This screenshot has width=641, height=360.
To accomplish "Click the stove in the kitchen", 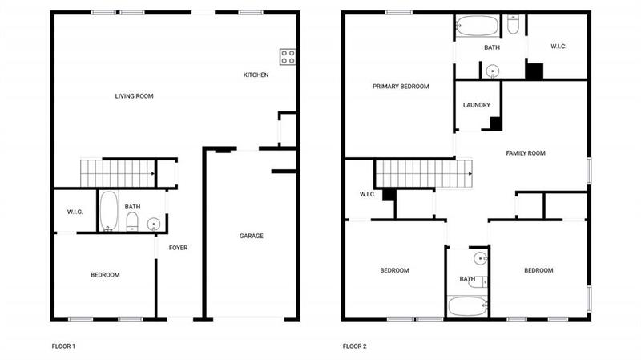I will pyautogui.click(x=288, y=57).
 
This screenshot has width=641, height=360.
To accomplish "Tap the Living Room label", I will pyautogui.click(x=134, y=96).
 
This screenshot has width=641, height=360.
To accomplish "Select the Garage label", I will pyautogui.click(x=252, y=236).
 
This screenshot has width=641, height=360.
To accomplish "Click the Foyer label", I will pyautogui.click(x=178, y=248).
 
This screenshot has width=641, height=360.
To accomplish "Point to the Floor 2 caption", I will pyautogui.click(x=354, y=346).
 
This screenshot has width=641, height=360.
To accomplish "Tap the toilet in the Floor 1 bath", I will pyautogui.click(x=133, y=221).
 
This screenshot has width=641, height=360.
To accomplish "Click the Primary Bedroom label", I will pyautogui.click(x=401, y=87).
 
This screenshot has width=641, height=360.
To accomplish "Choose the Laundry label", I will pyautogui.click(x=477, y=105).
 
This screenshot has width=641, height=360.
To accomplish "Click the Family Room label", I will pyautogui.click(x=525, y=152).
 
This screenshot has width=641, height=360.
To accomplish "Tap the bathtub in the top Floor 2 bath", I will pyautogui.click(x=477, y=26).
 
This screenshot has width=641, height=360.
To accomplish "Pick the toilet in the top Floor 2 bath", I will pyautogui.click(x=513, y=26).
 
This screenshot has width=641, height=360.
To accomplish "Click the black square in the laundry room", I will pyautogui.click(x=496, y=123).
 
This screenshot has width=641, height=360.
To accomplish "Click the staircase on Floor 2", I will pyautogui.click(x=424, y=172).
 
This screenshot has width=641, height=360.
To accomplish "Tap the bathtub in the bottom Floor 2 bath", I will pyautogui.click(x=467, y=305).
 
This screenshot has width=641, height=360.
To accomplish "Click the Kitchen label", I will pyautogui.click(x=256, y=75).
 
